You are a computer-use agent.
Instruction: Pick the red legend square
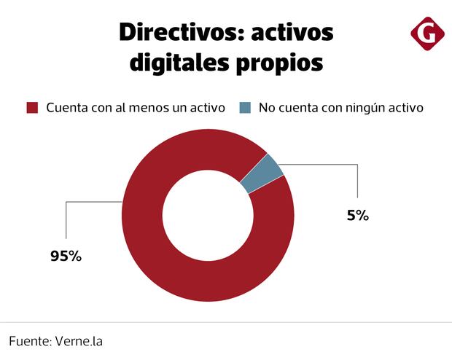pos(31,108)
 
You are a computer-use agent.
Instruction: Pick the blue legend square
pos(244,108)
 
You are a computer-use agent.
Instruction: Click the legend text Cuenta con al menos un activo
pos(136,108)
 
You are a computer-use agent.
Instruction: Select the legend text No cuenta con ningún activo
pos(340,108)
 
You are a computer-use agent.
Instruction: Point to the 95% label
pos(65,256)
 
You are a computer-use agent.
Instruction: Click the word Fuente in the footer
pos(29,340)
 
